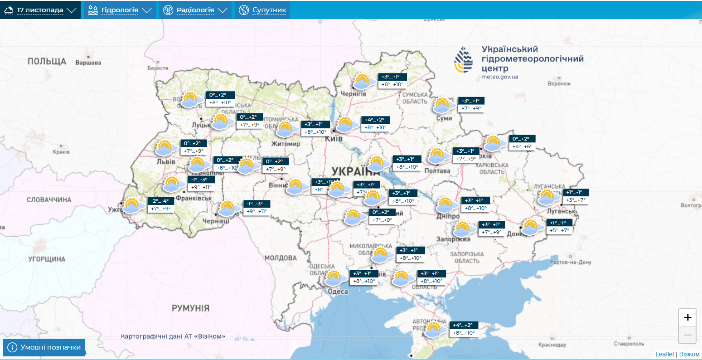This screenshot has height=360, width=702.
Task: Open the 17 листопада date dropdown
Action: point(40,10)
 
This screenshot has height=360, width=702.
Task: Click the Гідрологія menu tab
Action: point(119,10)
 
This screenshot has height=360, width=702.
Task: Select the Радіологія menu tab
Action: point(195,10)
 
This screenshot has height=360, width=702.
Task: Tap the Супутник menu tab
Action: point(263,10)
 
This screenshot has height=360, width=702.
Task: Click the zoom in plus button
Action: point(687,317)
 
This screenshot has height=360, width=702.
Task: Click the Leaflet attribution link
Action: point(664,354)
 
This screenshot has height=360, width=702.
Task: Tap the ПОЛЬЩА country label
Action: point(47,61)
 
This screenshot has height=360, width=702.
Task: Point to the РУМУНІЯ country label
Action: point(190,308)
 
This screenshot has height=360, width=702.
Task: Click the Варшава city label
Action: point(88,63)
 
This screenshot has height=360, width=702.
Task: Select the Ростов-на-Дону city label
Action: point(571,263)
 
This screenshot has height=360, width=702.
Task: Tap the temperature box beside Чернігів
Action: point(392,81)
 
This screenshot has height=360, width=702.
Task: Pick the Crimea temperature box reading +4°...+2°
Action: point(464,329)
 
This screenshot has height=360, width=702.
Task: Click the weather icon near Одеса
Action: point(334,278)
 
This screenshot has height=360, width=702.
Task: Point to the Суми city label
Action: point(444,118)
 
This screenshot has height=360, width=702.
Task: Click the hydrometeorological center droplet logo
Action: point(463,60)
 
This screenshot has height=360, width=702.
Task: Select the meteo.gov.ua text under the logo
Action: point(499,77)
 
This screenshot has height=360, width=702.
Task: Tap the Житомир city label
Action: point(286,144)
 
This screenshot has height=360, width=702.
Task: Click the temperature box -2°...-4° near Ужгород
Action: point(161,205)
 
